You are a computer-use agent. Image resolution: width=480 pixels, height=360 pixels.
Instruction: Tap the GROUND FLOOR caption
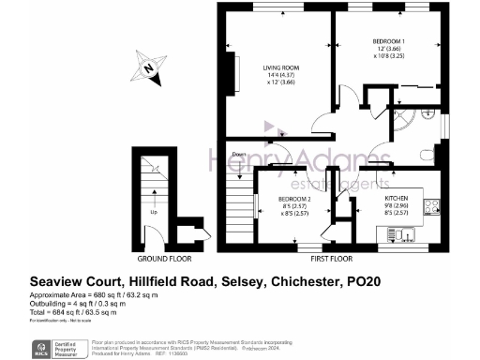pos(164,257)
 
